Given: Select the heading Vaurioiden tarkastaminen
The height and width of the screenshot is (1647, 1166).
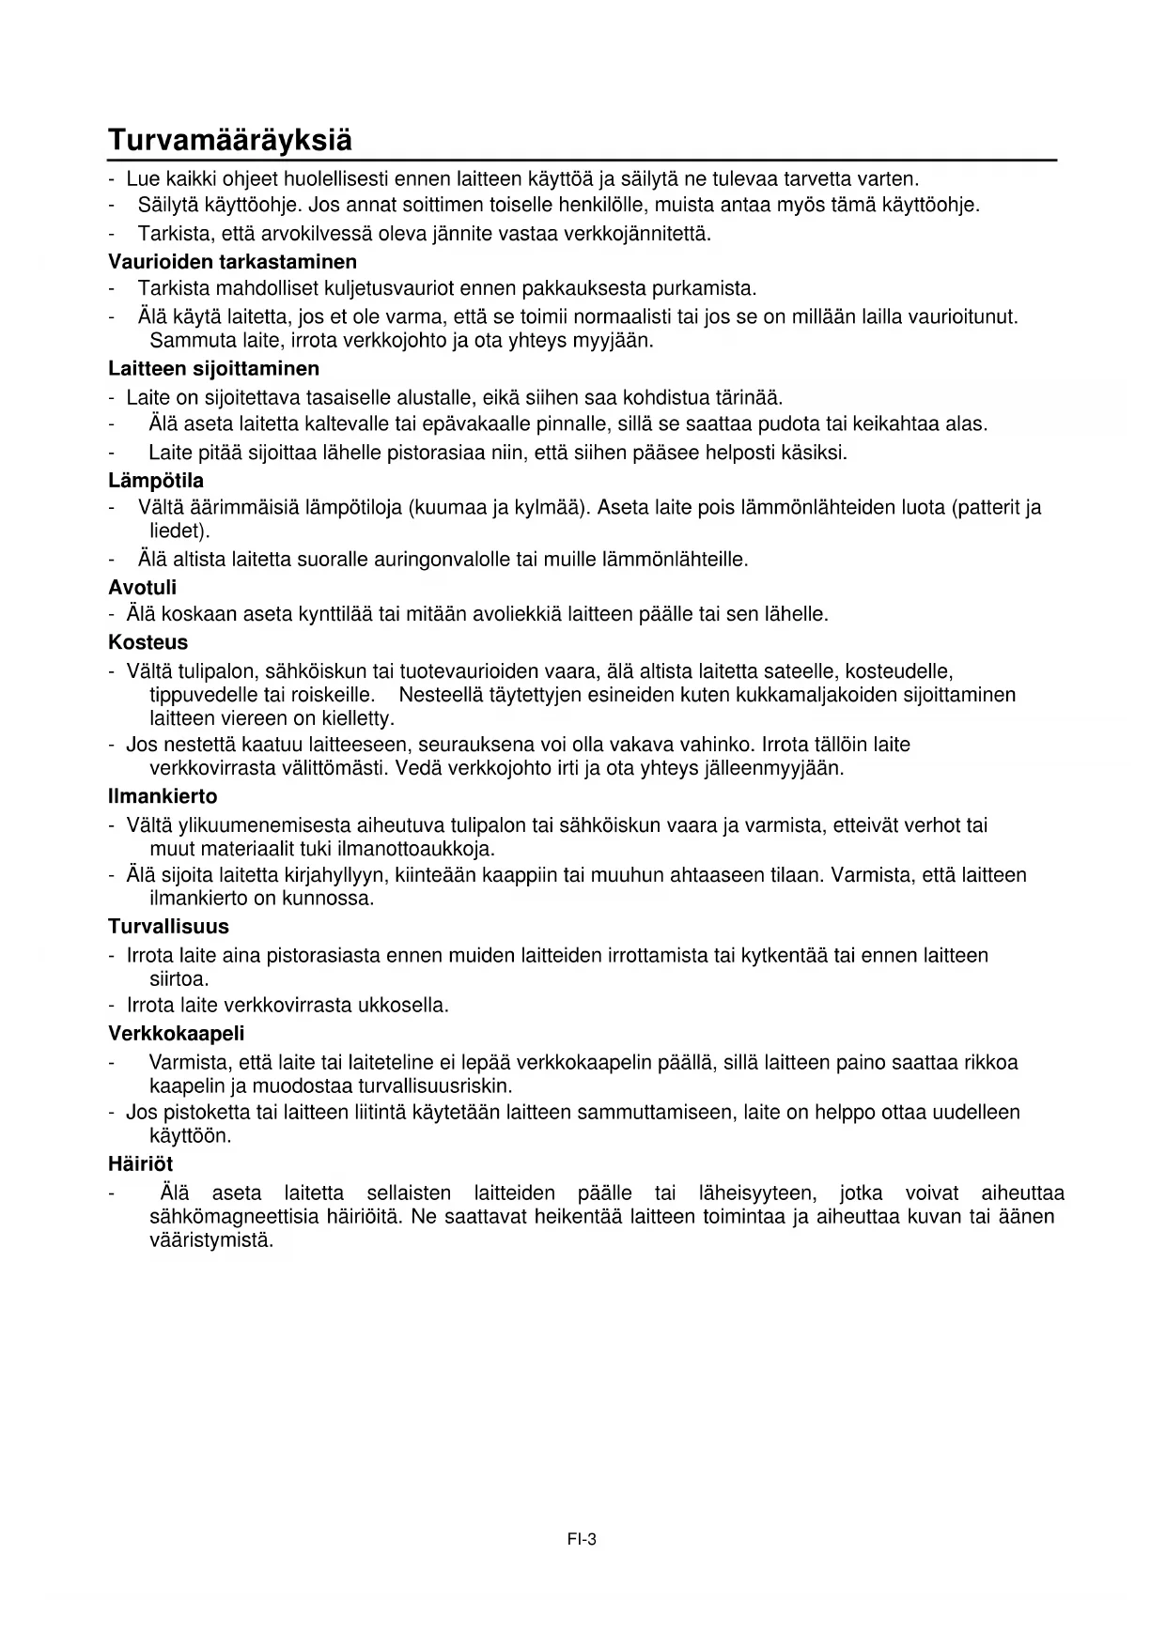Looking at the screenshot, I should tap(232, 260).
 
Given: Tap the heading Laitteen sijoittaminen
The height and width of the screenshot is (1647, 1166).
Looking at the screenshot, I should tap(213, 368).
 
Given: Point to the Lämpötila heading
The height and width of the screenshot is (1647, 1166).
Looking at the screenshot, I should tap(156, 481).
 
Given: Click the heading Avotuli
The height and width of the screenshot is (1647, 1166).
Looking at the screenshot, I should tap(142, 588).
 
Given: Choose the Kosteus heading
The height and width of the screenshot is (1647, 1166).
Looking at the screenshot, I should tap(148, 643).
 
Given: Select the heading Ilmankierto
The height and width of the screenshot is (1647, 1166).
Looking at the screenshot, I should tap(163, 796).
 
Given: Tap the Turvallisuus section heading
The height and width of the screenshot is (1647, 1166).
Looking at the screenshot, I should tap(168, 927).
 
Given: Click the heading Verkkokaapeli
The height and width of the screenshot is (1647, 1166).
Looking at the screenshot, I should tap(176, 1034).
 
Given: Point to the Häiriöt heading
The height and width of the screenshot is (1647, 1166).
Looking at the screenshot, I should tap(140, 1164).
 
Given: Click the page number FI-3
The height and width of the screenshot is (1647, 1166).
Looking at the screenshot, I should tap(582, 1539).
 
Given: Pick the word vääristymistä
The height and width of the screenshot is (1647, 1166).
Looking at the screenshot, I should tap(211, 1240).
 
